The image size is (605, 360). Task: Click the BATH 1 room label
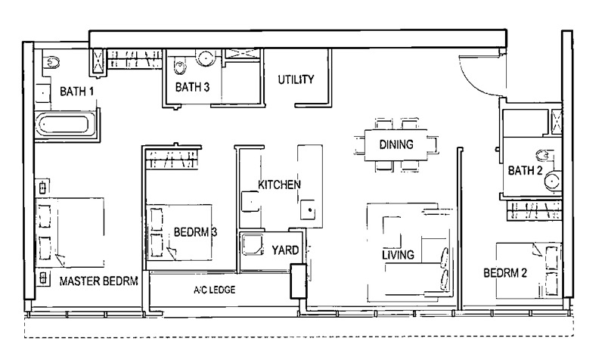(x=76, y=92)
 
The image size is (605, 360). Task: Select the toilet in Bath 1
(x=51, y=62)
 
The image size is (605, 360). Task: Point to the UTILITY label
(x=296, y=79)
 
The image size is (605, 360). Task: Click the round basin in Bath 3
(x=206, y=58)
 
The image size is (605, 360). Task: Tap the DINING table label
(x=396, y=144)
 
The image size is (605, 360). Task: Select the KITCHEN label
(x=279, y=185)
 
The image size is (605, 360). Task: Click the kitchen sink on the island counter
(x=309, y=209)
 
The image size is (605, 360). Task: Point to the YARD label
(x=285, y=250)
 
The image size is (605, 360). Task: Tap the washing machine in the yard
(x=252, y=244)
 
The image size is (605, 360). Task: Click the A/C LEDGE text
(x=215, y=290)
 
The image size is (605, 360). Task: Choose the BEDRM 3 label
(x=195, y=232)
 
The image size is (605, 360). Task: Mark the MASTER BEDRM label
(x=99, y=281)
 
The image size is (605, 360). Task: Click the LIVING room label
(x=398, y=255)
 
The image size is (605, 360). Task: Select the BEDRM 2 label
(x=505, y=273)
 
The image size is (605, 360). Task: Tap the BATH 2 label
(x=525, y=170)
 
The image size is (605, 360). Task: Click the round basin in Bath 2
(x=553, y=180)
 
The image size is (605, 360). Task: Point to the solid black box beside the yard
(x=298, y=281)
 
